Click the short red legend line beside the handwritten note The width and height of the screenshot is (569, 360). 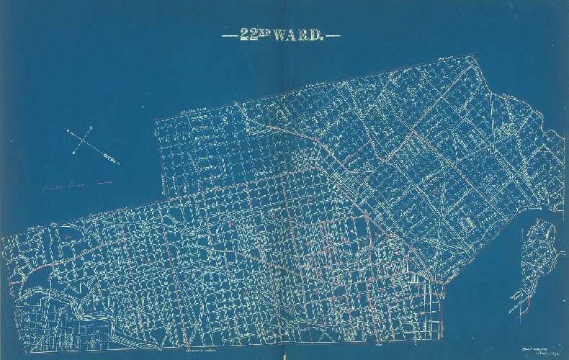102,184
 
